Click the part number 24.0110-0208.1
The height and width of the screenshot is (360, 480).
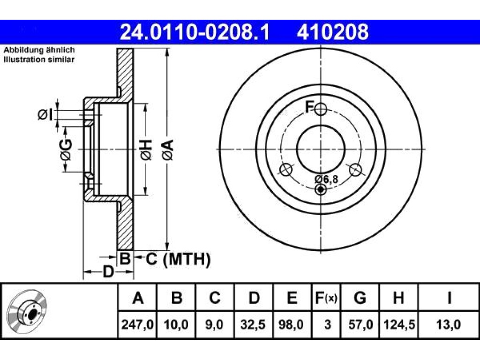click(x=195, y=32)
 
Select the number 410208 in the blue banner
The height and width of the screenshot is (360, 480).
click(x=332, y=32)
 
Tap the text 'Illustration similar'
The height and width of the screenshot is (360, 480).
click(x=39, y=60)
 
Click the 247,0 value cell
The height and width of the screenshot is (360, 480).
click(x=137, y=324)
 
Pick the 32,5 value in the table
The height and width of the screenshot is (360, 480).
click(x=253, y=324)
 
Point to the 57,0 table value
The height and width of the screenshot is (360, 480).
click(x=360, y=324)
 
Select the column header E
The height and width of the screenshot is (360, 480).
click(x=292, y=298)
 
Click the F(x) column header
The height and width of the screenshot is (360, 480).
click(x=326, y=298)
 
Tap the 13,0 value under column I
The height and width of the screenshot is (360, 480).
click(x=448, y=324)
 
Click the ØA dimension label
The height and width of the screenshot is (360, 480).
click(x=168, y=150)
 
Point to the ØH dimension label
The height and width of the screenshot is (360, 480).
click(x=146, y=150)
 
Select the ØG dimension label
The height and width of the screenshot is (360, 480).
click(x=66, y=150)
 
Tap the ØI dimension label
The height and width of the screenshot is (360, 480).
click(x=45, y=115)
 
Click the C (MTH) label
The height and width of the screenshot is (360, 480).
click(x=178, y=259)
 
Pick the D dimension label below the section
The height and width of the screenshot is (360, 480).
click(x=108, y=271)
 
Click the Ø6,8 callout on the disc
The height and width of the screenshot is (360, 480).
click(x=327, y=179)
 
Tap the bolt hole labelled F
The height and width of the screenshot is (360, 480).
click(x=321, y=109)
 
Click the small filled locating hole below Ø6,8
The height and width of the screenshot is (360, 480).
click(x=321, y=189)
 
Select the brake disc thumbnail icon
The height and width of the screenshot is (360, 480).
click(x=27, y=311)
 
